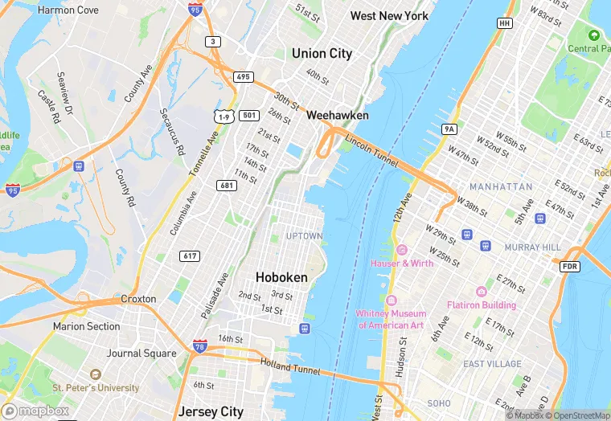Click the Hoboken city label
[281, 276]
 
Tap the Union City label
[322, 54]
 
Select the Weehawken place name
[338, 116]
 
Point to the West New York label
[389, 16]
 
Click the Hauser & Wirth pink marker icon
[401, 250]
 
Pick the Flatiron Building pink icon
[482, 292]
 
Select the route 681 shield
[227, 186]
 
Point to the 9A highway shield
[449, 129]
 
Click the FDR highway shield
[569, 266]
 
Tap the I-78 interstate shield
[199, 347]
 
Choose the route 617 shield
[191, 255]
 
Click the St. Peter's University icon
[96, 374]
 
